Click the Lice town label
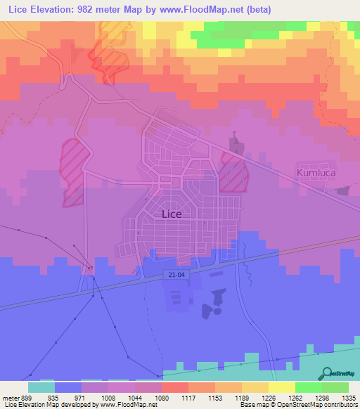coord(172,214)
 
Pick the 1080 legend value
coord(161,397)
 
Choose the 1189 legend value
coord(242,397)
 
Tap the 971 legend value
coord(80,397)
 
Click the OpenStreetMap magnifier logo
coord(327,373)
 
